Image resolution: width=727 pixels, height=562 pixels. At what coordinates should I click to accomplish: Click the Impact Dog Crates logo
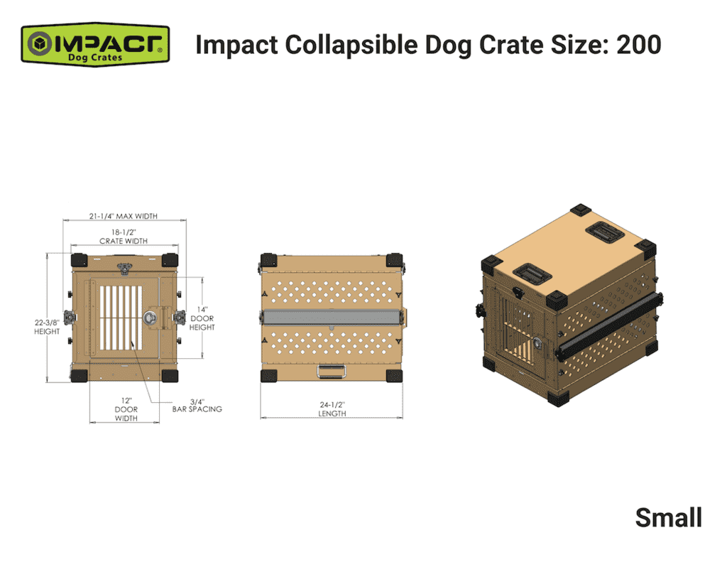pos(94,44)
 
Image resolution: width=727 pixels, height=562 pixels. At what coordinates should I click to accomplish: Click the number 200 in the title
pos(638,45)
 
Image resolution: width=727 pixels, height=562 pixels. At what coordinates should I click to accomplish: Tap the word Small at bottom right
pos(668,517)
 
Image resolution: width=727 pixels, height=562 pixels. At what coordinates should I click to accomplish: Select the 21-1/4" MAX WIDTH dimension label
pos(124,215)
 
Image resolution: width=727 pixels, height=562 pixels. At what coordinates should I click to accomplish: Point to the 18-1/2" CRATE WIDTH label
pos(124,237)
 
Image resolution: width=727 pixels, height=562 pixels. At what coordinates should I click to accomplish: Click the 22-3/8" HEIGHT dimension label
pos(47,326)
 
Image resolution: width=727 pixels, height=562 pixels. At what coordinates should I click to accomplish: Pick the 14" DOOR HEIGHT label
pos(202,318)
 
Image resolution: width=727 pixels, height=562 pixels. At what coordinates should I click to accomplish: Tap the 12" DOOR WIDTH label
pos(126,409)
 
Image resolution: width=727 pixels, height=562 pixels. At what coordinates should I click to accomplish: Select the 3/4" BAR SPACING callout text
pos(197,404)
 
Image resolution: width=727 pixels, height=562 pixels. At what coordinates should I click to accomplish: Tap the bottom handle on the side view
pos(332,369)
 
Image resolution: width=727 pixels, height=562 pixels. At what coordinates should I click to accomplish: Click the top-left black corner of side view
pos(268,261)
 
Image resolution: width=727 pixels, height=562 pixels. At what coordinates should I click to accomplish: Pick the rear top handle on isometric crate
pos(600,229)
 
